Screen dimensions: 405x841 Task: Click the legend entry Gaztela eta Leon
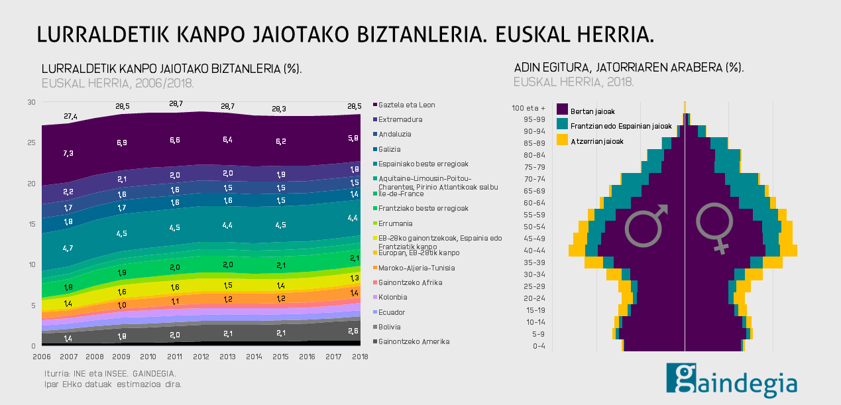tap(406, 105)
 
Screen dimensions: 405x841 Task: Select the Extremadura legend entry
tap(400, 120)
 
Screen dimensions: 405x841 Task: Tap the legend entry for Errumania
tap(396, 223)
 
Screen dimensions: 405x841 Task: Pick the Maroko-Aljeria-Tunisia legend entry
tap(411, 268)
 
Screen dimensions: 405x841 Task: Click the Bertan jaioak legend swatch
tap(563, 109)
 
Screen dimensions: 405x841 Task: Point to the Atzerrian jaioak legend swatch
tap(563, 140)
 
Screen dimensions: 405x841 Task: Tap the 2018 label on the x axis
tap(360, 357)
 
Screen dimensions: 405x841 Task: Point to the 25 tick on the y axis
tap(30, 143)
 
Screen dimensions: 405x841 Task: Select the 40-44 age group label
tap(533, 251)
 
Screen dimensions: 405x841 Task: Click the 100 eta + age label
tap(529, 108)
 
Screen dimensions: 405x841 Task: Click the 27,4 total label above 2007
tap(71, 117)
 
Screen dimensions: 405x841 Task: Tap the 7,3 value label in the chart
tap(68, 153)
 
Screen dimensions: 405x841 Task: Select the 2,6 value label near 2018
tap(353, 331)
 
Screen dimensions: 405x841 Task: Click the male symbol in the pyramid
tap(647, 225)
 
